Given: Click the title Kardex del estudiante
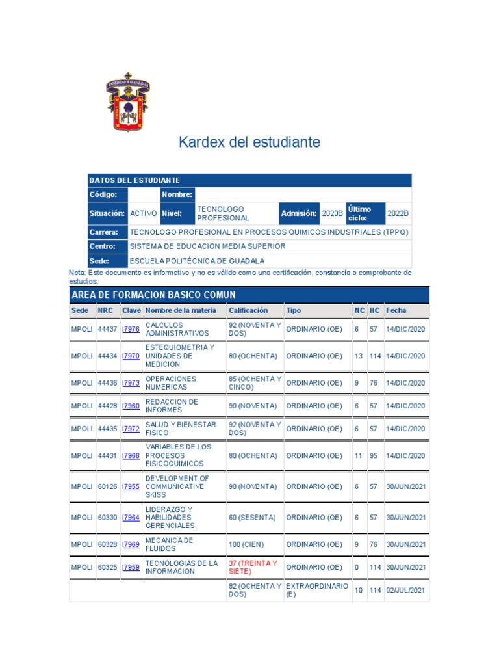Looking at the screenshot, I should pos(249,142).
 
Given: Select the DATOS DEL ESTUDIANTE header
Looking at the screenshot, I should pos(134,180).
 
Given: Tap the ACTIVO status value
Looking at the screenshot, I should pos(143,213).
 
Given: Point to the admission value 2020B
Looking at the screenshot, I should pos(332,213).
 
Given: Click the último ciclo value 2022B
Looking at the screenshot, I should pos(398,213).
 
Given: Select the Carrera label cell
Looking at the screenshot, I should pos(104,232).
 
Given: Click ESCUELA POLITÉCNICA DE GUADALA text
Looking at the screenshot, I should pos(197,261).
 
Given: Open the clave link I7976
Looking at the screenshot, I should pos(131,329).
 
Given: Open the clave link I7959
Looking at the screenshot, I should pos(131,567).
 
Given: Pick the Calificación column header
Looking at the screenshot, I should pos(248,310).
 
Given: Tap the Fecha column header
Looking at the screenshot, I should pos(396,310).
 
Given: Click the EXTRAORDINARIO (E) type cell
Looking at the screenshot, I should pos(317,591).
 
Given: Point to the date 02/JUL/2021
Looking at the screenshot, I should pos(405,591).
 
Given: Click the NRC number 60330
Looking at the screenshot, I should pos(107,518).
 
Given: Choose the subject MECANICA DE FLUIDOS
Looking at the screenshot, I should pos(169,544).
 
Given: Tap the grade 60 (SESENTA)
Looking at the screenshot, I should pos(252,518).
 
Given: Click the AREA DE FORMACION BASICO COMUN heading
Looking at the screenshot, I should pos(153,295).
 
